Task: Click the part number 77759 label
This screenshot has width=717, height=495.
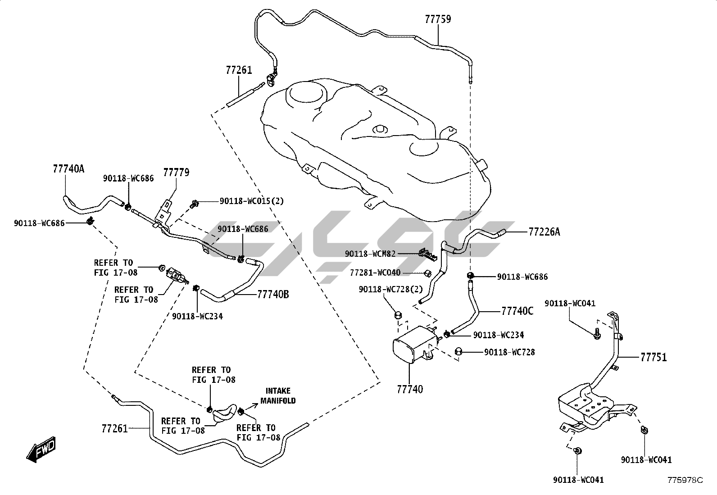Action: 438,19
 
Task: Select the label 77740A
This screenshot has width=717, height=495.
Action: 68,169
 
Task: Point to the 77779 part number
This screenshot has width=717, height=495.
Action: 176,173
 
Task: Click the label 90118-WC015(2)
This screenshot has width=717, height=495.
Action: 252,201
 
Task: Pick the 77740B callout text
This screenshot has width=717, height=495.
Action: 273,295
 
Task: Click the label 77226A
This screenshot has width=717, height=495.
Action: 544,232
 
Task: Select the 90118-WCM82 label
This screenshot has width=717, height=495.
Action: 370,254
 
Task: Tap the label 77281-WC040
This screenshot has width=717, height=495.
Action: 375,272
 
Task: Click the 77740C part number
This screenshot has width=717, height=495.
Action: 517,311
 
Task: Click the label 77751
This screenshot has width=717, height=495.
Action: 653,358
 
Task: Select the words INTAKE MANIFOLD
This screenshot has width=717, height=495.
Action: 278,395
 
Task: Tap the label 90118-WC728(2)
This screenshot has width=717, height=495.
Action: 391,289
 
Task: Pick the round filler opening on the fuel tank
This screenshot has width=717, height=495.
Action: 307,93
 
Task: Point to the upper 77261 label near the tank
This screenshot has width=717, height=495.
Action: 239,70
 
